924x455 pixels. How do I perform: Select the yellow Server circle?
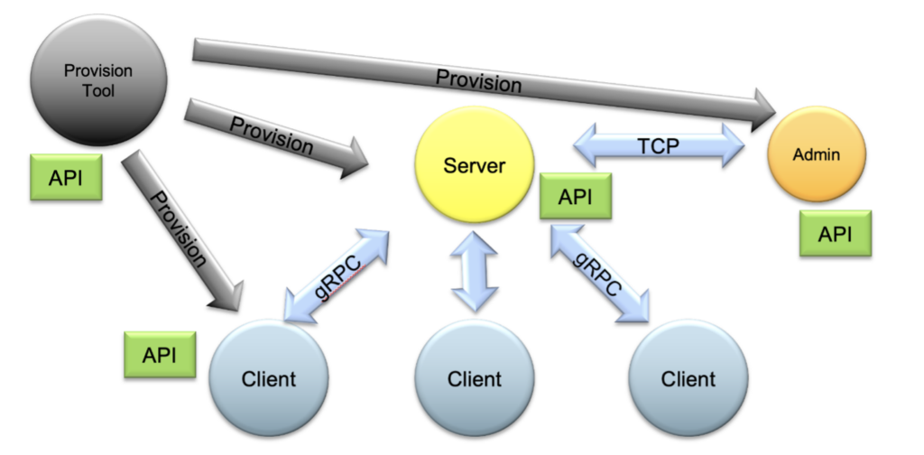(474, 166)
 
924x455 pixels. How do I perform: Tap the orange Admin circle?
(816, 154)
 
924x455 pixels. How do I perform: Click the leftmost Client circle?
(268, 377)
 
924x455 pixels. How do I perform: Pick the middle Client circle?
(474, 377)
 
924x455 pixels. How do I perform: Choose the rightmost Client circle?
(688, 377)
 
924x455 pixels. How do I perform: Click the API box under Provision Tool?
(65, 178)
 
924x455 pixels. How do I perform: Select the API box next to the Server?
(575, 197)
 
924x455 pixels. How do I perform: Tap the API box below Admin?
(835, 235)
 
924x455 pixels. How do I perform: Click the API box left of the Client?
(160, 355)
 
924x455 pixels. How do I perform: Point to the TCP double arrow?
(659, 146)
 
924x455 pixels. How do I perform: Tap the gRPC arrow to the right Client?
(599, 274)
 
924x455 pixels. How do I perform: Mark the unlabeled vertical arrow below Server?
(474, 269)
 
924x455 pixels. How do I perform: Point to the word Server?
(474, 166)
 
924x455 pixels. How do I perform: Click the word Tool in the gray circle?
(98, 90)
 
